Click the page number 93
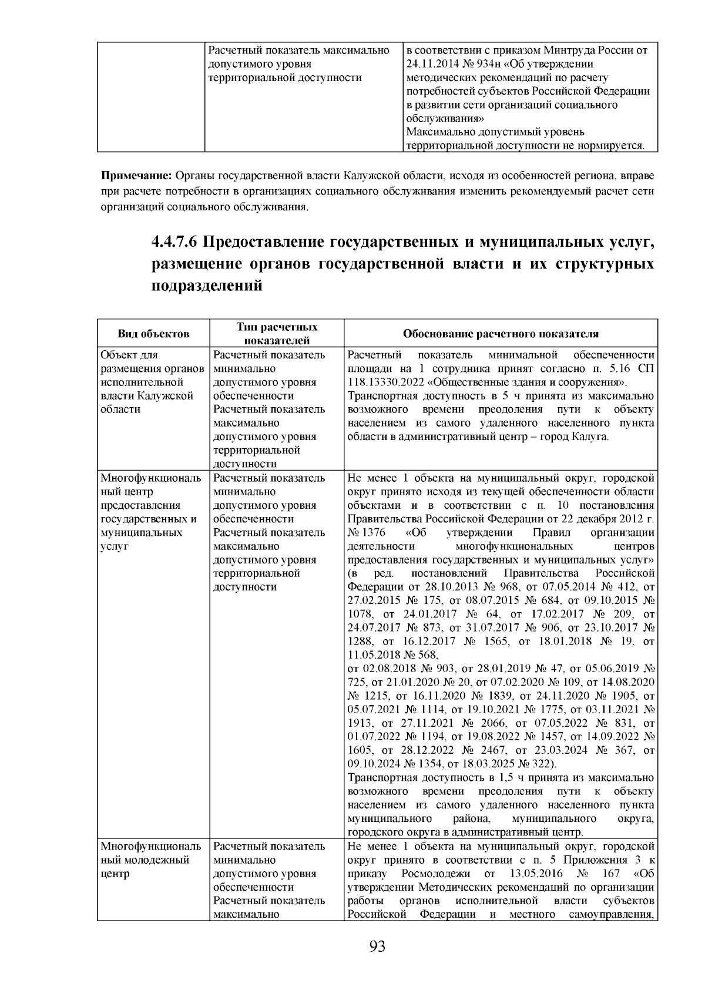coord(377,946)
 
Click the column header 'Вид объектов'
coord(153,334)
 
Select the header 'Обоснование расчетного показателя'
coord(501,334)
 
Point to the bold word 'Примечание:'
coord(136,176)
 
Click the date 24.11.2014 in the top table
coord(430,64)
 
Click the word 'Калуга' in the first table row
coord(592,437)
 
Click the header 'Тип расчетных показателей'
coord(277,334)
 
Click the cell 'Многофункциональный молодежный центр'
coord(150,860)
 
